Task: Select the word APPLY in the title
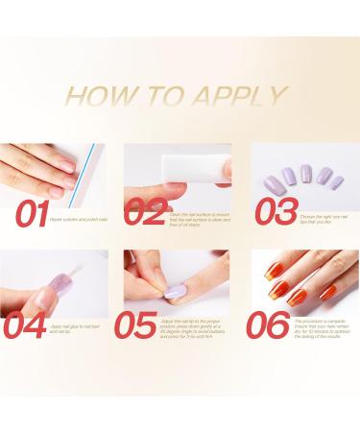pos(243,96)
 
